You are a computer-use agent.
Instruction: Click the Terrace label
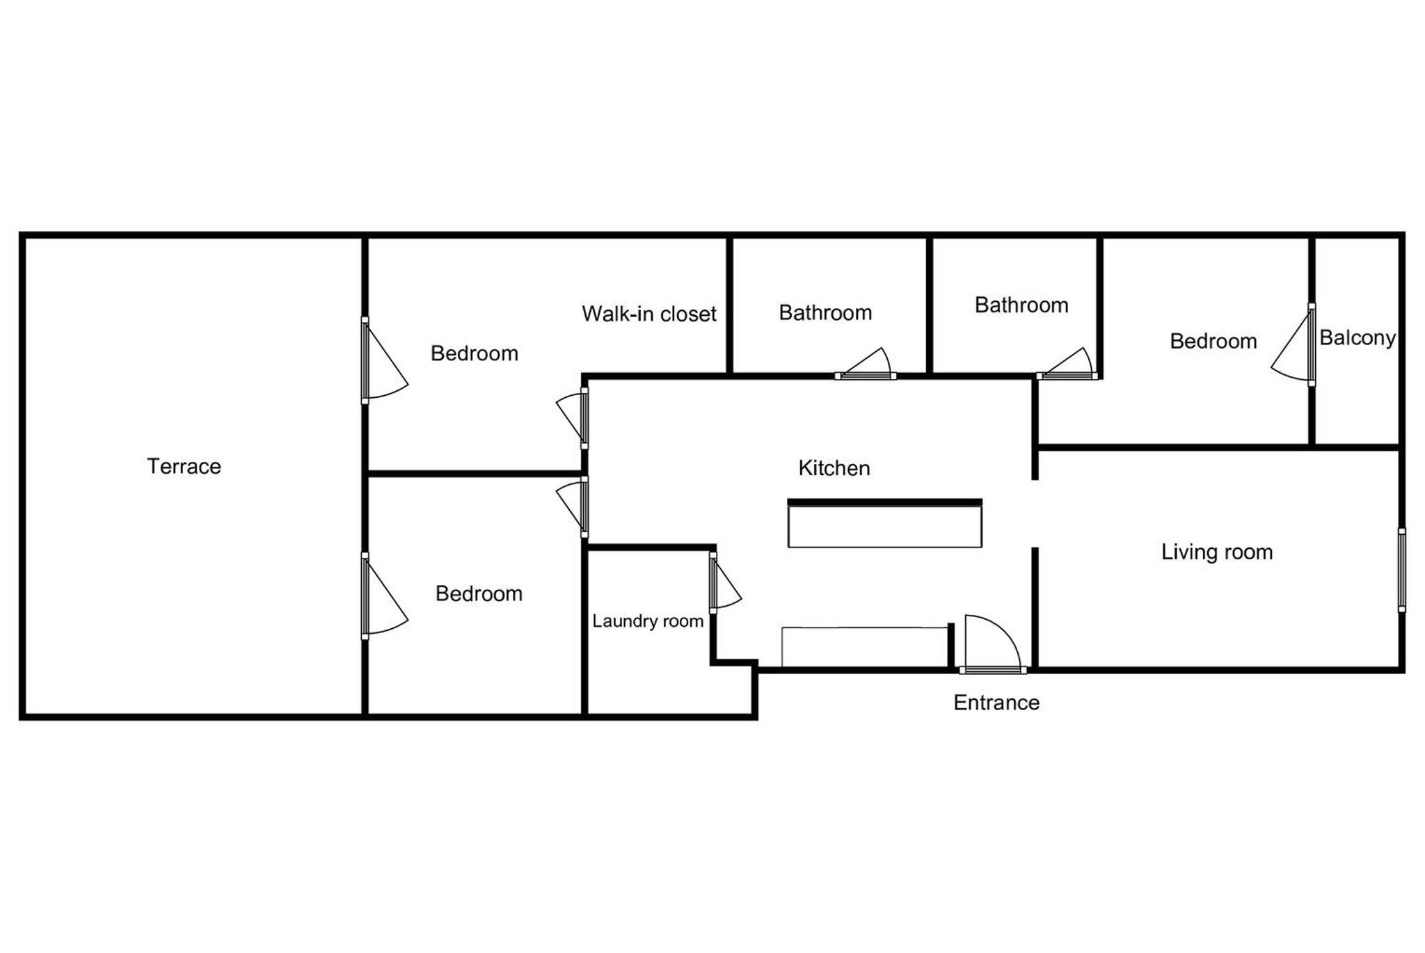click(184, 466)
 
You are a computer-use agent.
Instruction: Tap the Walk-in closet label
click(648, 314)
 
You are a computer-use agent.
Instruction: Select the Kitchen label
click(834, 468)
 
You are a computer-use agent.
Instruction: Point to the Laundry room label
click(648, 620)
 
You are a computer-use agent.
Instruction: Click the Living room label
click(1216, 552)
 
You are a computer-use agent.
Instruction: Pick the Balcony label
click(1357, 338)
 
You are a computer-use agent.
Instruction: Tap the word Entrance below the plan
click(996, 703)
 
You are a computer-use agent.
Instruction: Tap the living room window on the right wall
click(1401, 570)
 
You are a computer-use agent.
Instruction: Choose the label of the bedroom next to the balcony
click(1213, 342)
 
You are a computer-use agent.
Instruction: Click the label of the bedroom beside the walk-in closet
click(474, 353)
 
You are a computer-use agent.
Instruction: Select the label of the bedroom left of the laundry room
click(479, 593)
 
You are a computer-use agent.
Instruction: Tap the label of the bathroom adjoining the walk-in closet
click(825, 313)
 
